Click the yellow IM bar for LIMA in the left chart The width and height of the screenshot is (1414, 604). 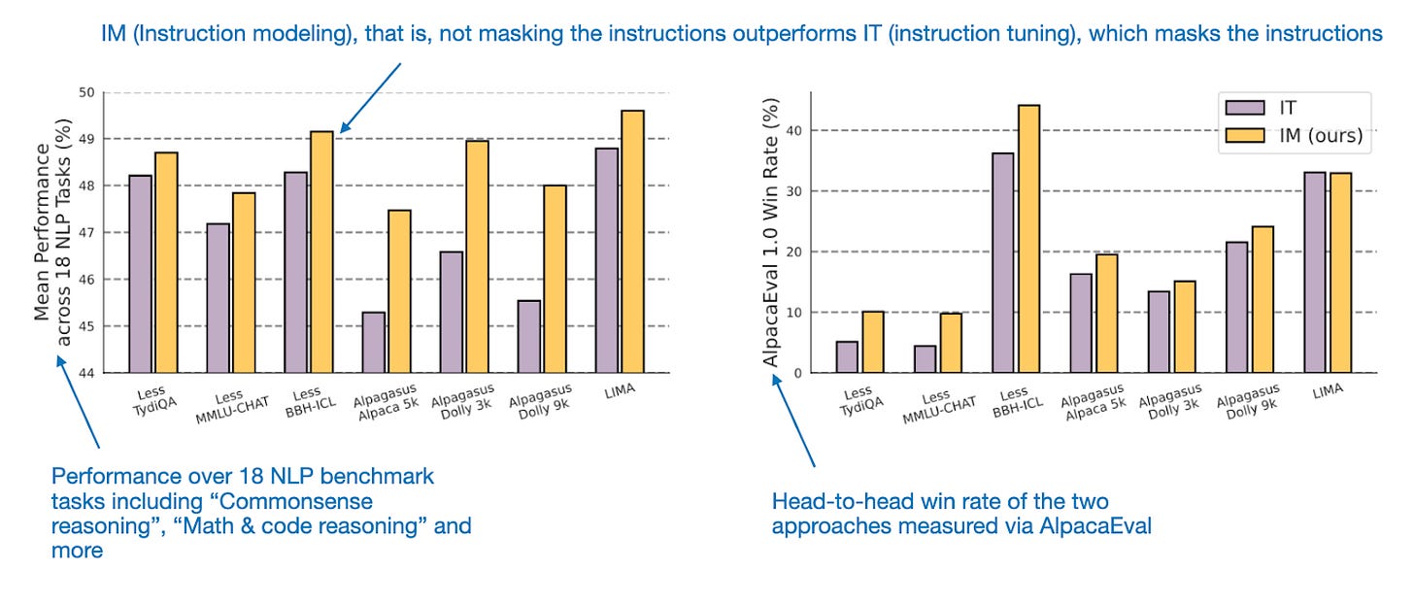[x=632, y=242]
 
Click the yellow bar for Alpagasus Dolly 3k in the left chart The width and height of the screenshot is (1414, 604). [x=477, y=256]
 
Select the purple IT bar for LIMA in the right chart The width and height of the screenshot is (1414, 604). [x=1315, y=272]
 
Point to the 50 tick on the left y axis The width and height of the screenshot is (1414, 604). [x=86, y=92]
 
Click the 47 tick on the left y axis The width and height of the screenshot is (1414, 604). [x=86, y=233]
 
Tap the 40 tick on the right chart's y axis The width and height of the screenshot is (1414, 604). [x=796, y=130]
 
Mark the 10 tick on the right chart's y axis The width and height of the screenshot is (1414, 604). [x=796, y=313]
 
